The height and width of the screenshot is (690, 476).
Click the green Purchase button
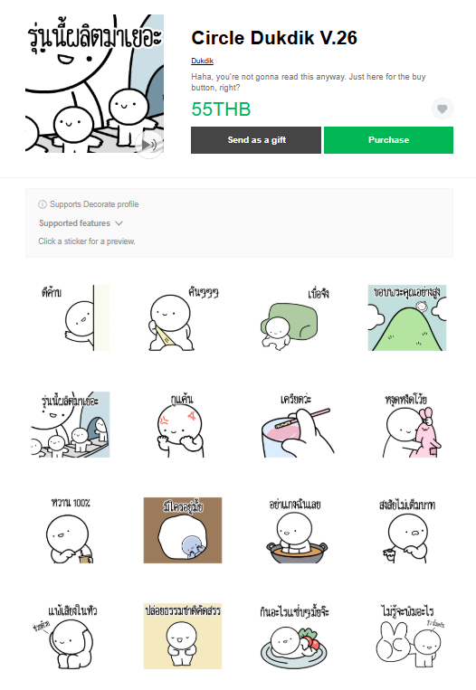pos(388,140)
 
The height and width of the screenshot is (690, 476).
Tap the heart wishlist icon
pos(442,109)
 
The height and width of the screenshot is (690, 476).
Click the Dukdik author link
pos(202,61)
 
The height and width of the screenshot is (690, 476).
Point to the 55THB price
pos(221,110)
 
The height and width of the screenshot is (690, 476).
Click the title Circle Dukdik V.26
pos(274,37)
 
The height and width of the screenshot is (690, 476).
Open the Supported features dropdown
pos(81,223)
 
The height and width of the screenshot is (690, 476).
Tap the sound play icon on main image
pos(148,144)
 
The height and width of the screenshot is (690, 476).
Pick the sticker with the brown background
pos(182,530)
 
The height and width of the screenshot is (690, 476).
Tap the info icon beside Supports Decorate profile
pos(43,204)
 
